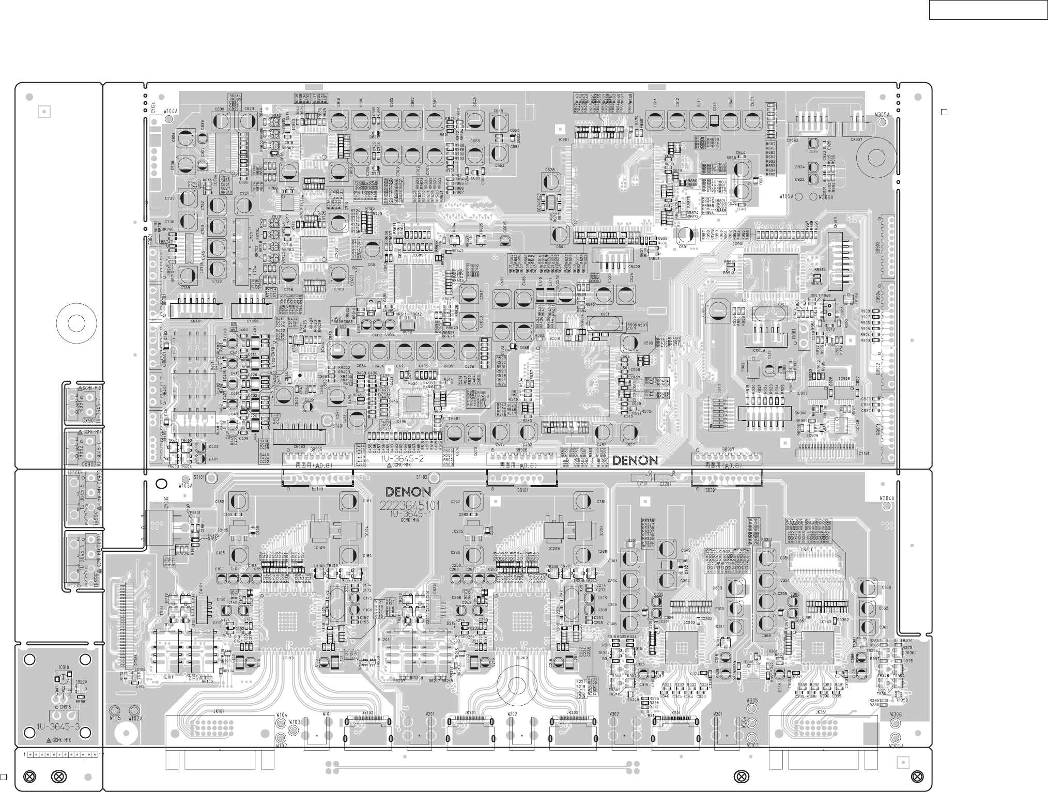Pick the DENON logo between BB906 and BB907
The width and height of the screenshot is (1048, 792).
pyautogui.click(x=635, y=460)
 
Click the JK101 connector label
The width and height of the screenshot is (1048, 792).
pyautogui.click(x=219, y=711)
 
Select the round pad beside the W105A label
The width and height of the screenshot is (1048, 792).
pyautogui.click(x=798, y=196)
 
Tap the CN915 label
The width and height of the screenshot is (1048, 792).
pyautogui.click(x=65, y=707)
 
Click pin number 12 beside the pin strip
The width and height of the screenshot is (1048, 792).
pyautogui.click(x=101, y=755)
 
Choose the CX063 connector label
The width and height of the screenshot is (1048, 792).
pyautogui.click(x=792, y=139)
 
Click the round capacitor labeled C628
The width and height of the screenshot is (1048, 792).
pyautogui.click(x=551, y=181)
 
